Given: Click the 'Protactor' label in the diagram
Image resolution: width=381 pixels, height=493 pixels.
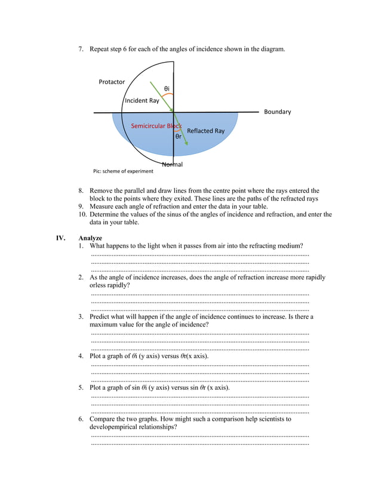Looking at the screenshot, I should pyautogui.click(x=112, y=82).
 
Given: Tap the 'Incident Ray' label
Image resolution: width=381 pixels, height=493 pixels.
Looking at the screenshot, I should pyautogui.click(x=142, y=101).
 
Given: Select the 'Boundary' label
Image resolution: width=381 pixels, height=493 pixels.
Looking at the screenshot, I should pyautogui.click(x=277, y=112).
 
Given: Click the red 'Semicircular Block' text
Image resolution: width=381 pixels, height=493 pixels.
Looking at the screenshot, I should pyautogui.click(x=156, y=126).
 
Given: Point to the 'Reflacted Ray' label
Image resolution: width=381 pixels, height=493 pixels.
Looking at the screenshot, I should pyautogui.click(x=205, y=131).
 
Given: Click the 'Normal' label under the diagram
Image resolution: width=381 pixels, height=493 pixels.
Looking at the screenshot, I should pyautogui.click(x=173, y=164).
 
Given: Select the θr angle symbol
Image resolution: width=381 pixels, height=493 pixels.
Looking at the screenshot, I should pyautogui.click(x=178, y=136).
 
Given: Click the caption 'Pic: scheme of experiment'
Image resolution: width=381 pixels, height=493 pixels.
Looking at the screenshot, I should pyautogui.click(x=123, y=171).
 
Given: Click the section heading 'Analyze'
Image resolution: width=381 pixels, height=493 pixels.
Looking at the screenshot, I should pyautogui.click(x=90, y=238).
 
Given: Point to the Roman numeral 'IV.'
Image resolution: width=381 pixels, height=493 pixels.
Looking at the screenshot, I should pyautogui.click(x=60, y=238).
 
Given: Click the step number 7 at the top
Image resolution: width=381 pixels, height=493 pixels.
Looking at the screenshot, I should pyautogui.click(x=81, y=48).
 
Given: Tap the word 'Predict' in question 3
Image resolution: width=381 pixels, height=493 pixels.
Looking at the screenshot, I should pyautogui.click(x=101, y=316).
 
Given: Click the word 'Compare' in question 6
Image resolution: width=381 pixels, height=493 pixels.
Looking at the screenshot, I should pyautogui.click(x=103, y=419).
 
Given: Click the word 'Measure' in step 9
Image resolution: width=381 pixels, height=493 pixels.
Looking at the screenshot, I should pyautogui.click(x=103, y=207).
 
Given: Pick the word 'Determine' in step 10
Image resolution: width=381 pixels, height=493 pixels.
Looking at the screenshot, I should pyautogui.click(x=106, y=214).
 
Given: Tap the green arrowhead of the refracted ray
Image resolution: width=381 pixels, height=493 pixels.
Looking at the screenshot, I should pyautogui.click(x=186, y=143).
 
